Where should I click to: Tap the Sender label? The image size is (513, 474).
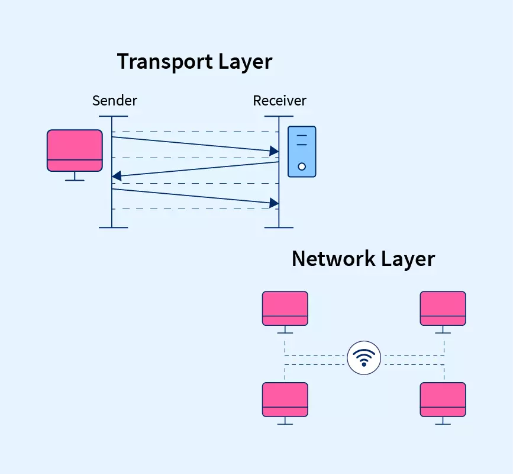pyautogui.click(x=114, y=101)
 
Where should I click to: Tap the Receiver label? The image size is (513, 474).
pyautogui.click(x=279, y=101)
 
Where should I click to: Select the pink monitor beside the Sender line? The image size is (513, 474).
pyautogui.click(x=75, y=150)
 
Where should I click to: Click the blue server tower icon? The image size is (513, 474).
pyautogui.click(x=302, y=152)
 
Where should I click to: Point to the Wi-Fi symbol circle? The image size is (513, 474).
pyautogui.click(x=364, y=358)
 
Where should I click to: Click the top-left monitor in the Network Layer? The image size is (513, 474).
pyautogui.click(x=285, y=308)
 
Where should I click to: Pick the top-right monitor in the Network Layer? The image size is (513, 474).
pyautogui.click(x=443, y=308)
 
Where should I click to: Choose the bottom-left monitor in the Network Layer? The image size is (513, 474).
pyautogui.click(x=285, y=399)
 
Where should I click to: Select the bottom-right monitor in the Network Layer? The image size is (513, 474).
pyautogui.click(x=443, y=399)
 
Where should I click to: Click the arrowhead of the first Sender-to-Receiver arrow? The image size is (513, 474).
pyautogui.click(x=274, y=152)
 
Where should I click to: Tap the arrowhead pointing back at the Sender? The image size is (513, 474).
pyautogui.click(x=117, y=175)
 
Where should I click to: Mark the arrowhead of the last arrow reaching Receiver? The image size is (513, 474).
pyautogui.click(x=274, y=203)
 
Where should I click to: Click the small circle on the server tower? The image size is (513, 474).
pyautogui.click(x=302, y=166)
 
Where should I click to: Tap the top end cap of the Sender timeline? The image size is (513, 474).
pyautogui.click(x=113, y=116)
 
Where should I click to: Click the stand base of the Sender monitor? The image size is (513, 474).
pyautogui.click(x=75, y=180)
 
